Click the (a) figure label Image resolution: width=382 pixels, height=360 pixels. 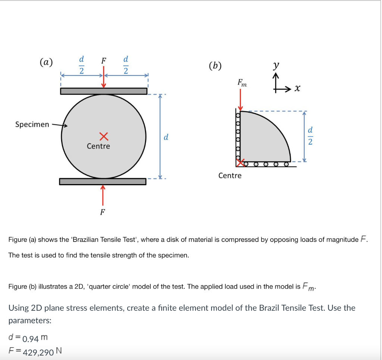tap(47, 62)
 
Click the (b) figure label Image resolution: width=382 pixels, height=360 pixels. tap(215, 66)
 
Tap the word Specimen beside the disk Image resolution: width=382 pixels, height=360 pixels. tap(32, 124)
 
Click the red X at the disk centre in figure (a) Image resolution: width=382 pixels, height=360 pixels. tap(104, 136)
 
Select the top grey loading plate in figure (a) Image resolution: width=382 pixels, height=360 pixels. tap(104, 91)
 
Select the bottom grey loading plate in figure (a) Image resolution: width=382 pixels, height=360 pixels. tap(103, 181)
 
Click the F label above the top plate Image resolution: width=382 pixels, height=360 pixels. tap(104, 60)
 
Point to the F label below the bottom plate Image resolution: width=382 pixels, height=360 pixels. tap(103, 212)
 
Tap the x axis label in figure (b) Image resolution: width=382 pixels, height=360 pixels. tap(297, 89)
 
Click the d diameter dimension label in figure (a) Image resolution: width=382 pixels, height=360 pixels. tap(166, 137)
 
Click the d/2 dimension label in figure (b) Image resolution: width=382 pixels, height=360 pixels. tap(310, 136)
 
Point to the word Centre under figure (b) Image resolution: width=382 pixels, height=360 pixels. tap(230, 176)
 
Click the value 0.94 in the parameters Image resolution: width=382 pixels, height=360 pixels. tap(30, 339)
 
